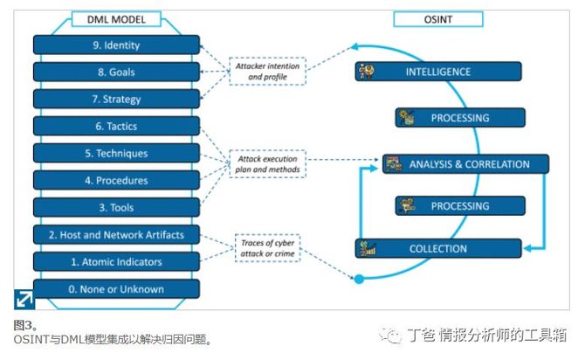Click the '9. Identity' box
(x=116, y=45)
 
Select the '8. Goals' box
(x=116, y=72)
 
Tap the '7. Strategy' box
(x=116, y=99)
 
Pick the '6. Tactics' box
(x=116, y=126)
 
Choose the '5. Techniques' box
(x=116, y=153)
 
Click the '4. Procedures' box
(x=116, y=180)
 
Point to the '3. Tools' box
(x=116, y=207)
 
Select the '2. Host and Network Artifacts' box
(x=116, y=234)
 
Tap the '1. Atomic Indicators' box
(x=116, y=261)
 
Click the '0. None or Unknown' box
(x=116, y=288)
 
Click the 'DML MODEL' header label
(x=116, y=19)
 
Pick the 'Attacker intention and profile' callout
(x=267, y=72)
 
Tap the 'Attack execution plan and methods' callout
(x=267, y=163)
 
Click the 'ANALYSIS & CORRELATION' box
(x=465, y=163)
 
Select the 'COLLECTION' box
(x=438, y=248)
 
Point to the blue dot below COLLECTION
(x=357, y=280)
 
